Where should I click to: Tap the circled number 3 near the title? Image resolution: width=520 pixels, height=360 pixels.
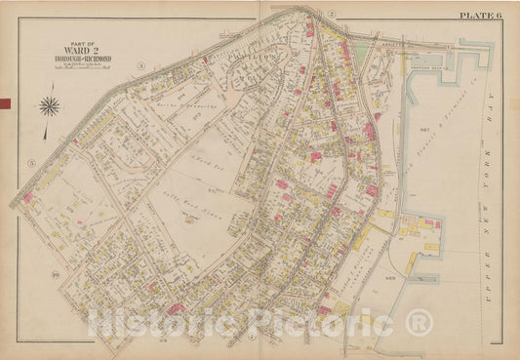(140, 65)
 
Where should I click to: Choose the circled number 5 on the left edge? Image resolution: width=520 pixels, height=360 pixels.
(31, 161)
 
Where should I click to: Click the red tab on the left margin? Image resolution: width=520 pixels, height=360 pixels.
(4, 104)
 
